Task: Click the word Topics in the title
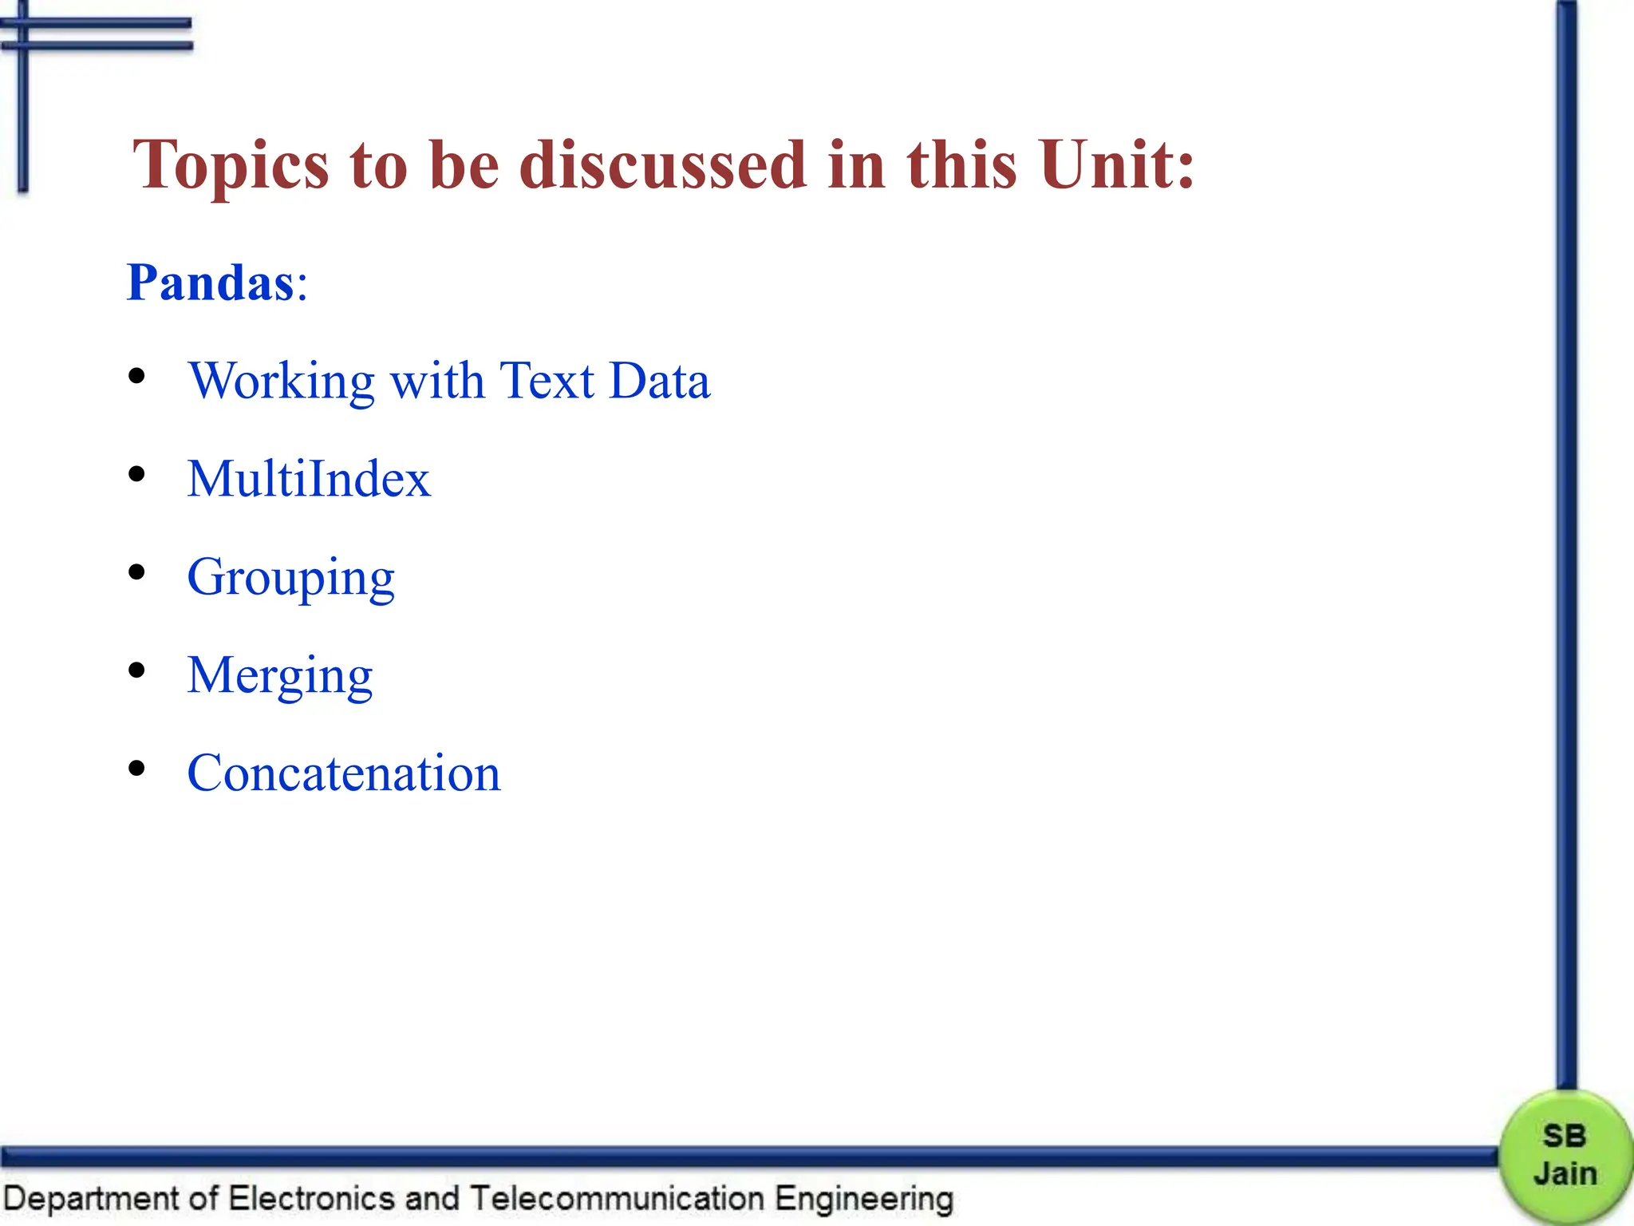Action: click(x=231, y=166)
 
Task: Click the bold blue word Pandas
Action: click(x=211, y=283)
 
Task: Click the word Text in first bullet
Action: click(x=547, y=380)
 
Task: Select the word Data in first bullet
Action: click(x=659, y=380)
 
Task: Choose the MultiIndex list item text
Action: click(x=309, y=479)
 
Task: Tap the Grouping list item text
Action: click(x=290, y=578)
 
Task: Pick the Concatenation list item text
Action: click(x=344, y=773)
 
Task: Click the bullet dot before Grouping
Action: click(x=137, y=572)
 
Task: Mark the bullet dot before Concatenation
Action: click(x=137, y=769)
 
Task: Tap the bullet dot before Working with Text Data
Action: click(x=137, y=376)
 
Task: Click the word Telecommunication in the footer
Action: click(x=618, y=1199)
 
